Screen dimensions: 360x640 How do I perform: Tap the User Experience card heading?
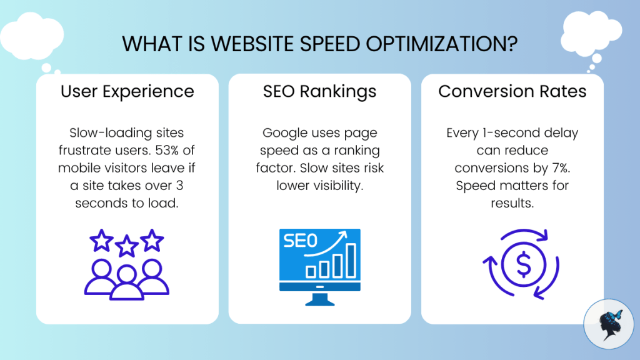click(127, 92)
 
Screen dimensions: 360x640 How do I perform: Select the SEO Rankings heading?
click(319, 92)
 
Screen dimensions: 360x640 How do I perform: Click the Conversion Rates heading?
click(512, 92)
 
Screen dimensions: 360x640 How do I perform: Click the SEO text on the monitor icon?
click(301, 241)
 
